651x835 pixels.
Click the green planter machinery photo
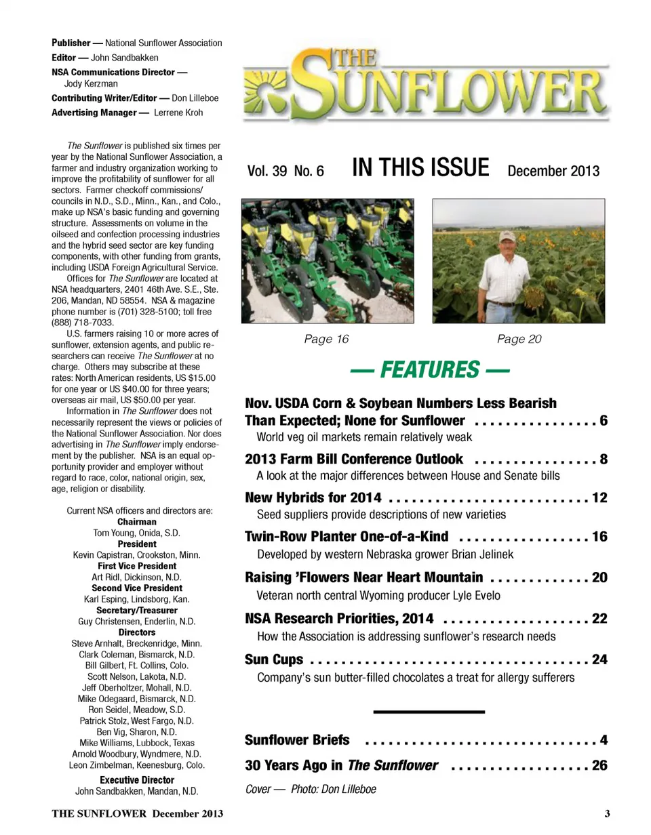(328, 261)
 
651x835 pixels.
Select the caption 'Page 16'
(327, 339)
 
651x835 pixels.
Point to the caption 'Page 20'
(519, 339)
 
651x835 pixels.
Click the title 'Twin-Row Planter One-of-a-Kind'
(347, 537)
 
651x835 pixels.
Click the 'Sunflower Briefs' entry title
(297, 739)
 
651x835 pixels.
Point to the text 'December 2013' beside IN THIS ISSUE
(553, 170)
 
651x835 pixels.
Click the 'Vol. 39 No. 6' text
(285, 171)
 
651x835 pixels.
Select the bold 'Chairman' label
(137, 522)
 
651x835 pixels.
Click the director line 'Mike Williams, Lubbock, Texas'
(137, 743)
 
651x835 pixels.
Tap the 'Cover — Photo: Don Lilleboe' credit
(311, 789)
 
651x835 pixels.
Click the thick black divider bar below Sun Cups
(429, 711)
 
